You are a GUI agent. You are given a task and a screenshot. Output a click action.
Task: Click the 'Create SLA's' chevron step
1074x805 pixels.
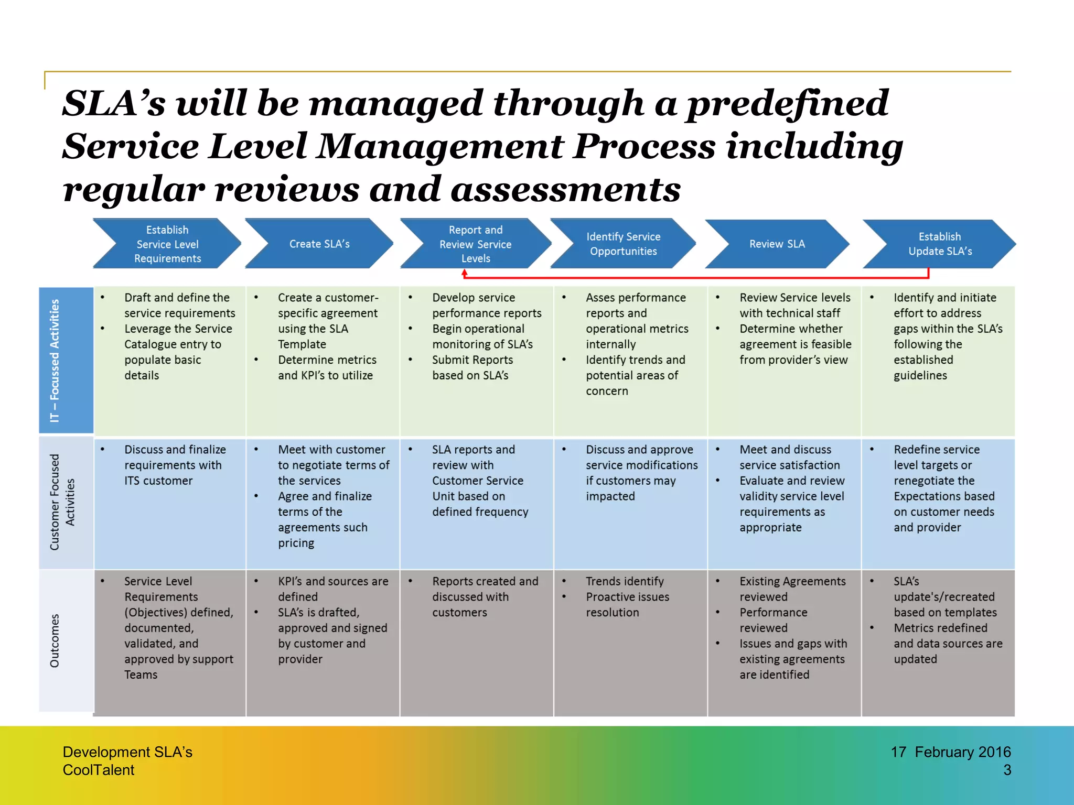[x=319, y=244]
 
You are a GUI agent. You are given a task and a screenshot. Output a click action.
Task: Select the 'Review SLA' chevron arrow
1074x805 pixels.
[x=777, y=244]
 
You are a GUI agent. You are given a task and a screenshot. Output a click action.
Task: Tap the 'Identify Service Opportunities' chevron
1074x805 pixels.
[x=623, y=244]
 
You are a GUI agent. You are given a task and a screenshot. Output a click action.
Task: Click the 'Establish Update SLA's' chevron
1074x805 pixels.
[x=940, y=244]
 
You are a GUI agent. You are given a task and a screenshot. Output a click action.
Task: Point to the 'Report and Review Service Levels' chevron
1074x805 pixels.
[x=475, y=244]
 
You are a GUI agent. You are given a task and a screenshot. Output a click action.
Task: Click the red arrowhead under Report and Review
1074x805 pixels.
[x=464, y=273]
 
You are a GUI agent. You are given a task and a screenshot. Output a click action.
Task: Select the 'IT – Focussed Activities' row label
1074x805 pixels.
[x=55, y=360]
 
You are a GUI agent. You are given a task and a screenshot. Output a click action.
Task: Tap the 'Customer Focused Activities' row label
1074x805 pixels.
[x=62, y=502]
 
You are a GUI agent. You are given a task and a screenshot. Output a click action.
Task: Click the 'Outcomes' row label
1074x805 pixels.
[x=55, y=640]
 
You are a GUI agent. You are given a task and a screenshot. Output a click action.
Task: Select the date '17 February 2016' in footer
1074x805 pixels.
[x=950, y=752]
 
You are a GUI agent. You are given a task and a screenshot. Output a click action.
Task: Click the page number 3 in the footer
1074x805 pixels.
[x=1007, y=770]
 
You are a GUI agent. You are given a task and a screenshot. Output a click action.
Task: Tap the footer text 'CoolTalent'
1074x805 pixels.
[x=99, y=770]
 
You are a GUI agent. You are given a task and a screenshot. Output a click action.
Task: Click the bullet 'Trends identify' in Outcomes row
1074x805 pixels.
[x=625, y=581]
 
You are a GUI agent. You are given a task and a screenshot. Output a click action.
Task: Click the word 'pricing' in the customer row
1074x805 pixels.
[x=296, y=543]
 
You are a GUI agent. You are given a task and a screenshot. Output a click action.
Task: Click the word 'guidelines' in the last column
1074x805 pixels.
[x=920, y=375]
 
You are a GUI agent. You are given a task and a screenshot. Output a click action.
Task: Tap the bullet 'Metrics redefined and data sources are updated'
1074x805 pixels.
[x=947, y=643]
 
